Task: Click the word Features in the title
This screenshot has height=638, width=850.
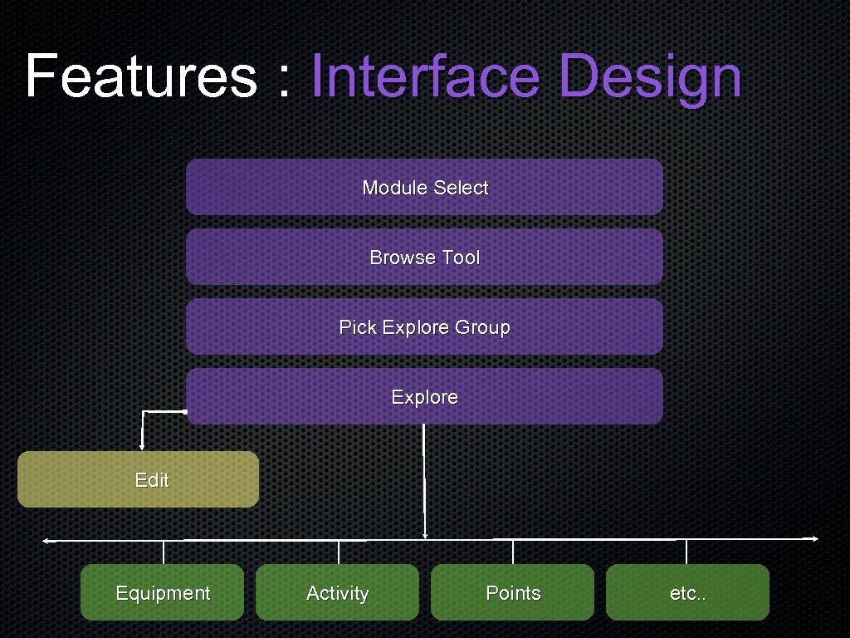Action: click(x=140, y=76)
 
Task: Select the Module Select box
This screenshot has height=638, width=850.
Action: click(x=424, y=188)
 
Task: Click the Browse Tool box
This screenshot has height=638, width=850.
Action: click(x=424, y=258)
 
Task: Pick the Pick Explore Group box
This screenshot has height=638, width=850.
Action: click(x=424, y=327)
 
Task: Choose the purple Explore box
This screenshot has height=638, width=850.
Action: click(x=424, y=397)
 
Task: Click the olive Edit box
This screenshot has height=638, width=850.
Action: click(x=138, y=479)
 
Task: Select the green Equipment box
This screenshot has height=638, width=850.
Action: click(x=162, y=592)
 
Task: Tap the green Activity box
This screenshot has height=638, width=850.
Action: click(x=337, y=592)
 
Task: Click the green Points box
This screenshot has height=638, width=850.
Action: click(x=512, y=592)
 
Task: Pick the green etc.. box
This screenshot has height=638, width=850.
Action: click(x=687, y=592)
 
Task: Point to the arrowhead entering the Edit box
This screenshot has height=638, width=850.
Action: click(x=142, y=447)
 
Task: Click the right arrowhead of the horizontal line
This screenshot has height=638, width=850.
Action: click(x=815, y=539)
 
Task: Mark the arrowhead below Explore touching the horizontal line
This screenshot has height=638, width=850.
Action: click(x=425, y=536)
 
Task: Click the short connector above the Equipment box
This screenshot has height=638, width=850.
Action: click(x=164, y=552)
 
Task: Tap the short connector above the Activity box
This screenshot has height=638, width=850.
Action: click(x=339, y=552)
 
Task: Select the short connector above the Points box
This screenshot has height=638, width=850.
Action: click(x=513, y=552)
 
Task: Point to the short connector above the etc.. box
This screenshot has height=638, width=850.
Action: click(x=686, y=552)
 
